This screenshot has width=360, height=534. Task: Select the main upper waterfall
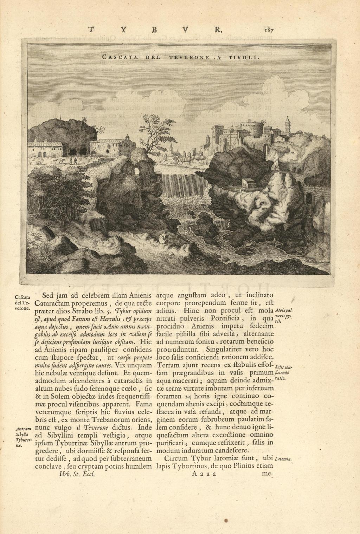[x=184, y=187]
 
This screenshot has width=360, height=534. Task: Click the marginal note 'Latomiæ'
[x=284, y=459]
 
